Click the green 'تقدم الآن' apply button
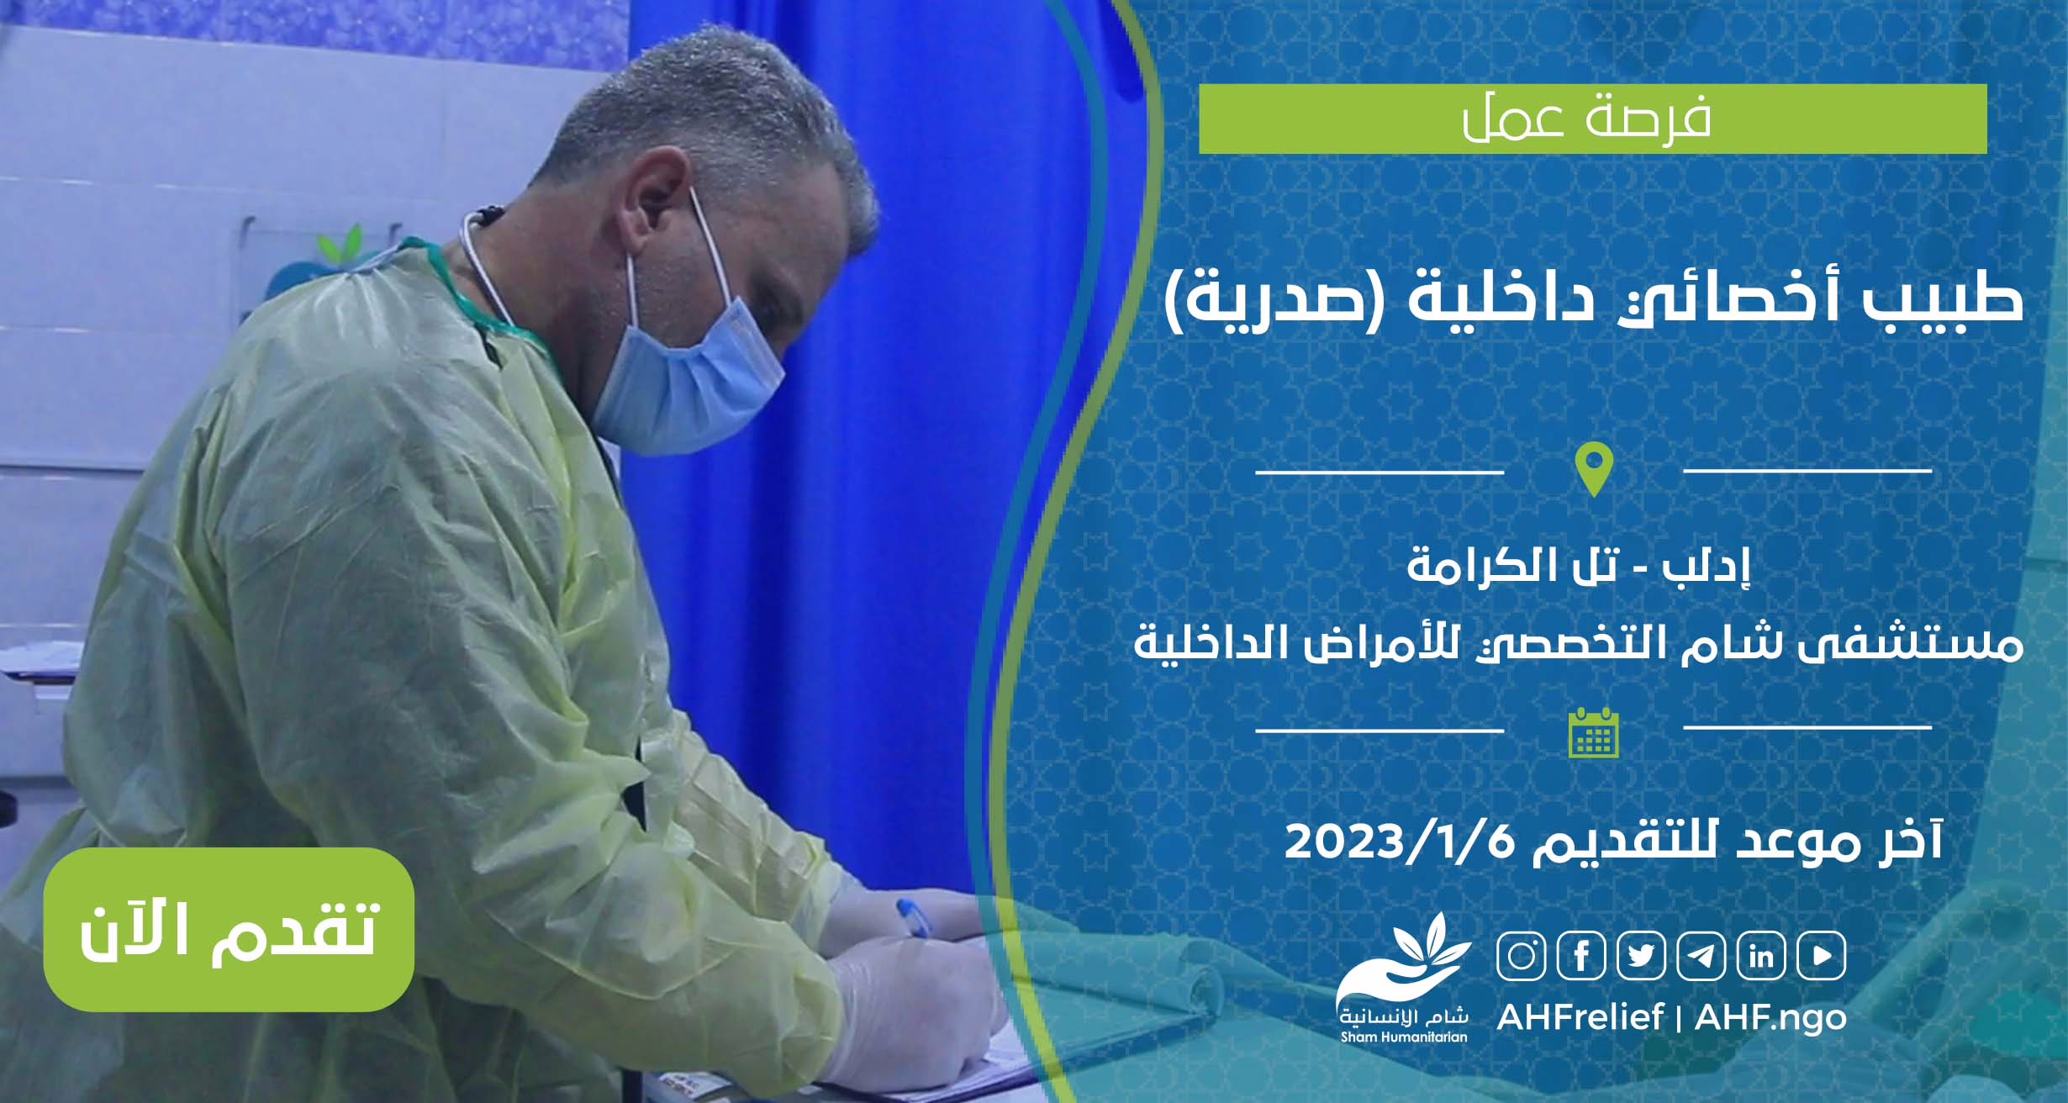pos(229,929)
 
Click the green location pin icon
pos(1594,470)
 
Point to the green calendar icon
pos(1594,731)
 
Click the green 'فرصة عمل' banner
pos(1593,119)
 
